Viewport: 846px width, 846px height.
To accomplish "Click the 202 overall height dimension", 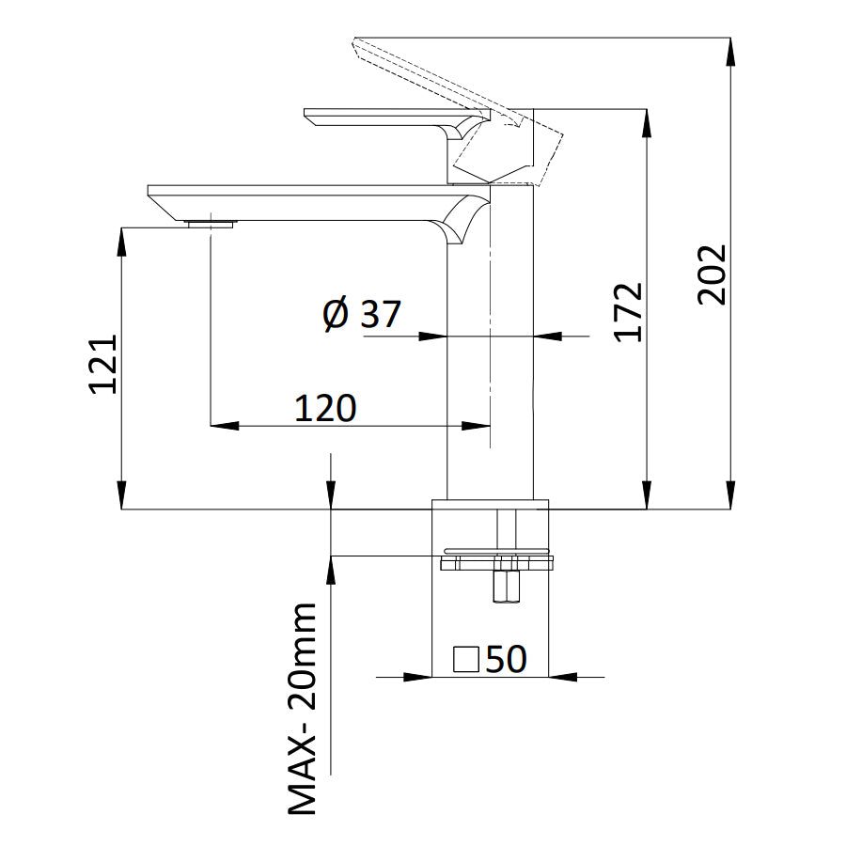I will pyautogui.click(x=713, y=274).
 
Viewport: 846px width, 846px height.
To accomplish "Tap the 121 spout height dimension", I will pyautogui.click(x=103, y=364).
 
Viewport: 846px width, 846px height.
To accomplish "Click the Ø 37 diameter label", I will pyautogui.click(x=361, y=314).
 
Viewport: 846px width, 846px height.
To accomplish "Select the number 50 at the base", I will pyautogui.click(x=506, y=659).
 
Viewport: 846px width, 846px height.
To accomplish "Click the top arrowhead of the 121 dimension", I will pyautogui.click(x=121, y=241).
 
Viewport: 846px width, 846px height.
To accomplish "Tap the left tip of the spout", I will pyautogui.click(x=150, y=192).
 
